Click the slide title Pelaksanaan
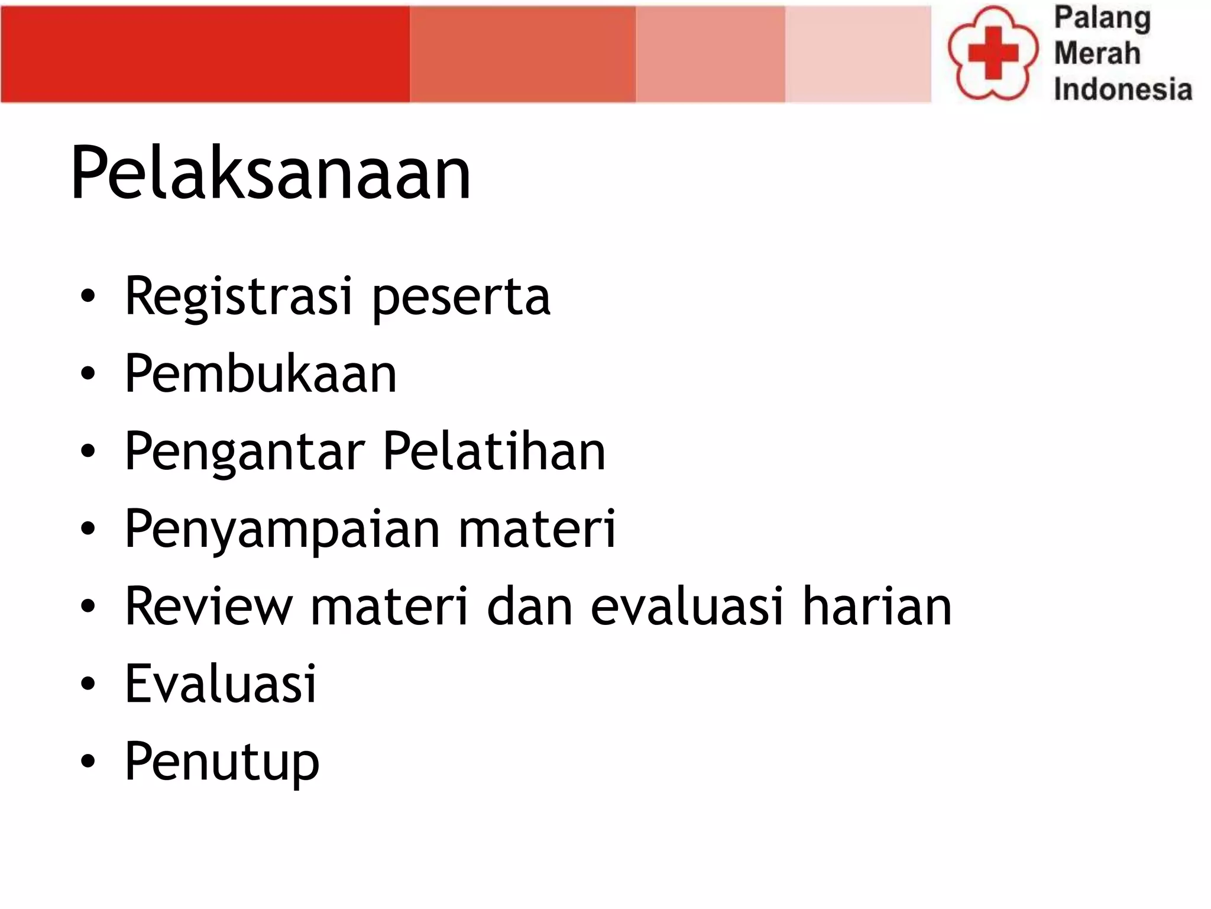(270, 173)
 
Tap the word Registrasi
(238, 296)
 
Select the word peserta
(461, 296)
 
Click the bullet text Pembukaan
(261, 374)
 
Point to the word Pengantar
(245, 452)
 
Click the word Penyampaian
(282, 529)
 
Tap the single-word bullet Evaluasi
(221, 684)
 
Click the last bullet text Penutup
(222, 762)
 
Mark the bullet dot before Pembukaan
(88, 374)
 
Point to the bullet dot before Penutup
(88, 762)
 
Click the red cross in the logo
(993, 53)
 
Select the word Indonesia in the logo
(1122, 89)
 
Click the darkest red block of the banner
(205, 54)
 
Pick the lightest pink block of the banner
(858, 54)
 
